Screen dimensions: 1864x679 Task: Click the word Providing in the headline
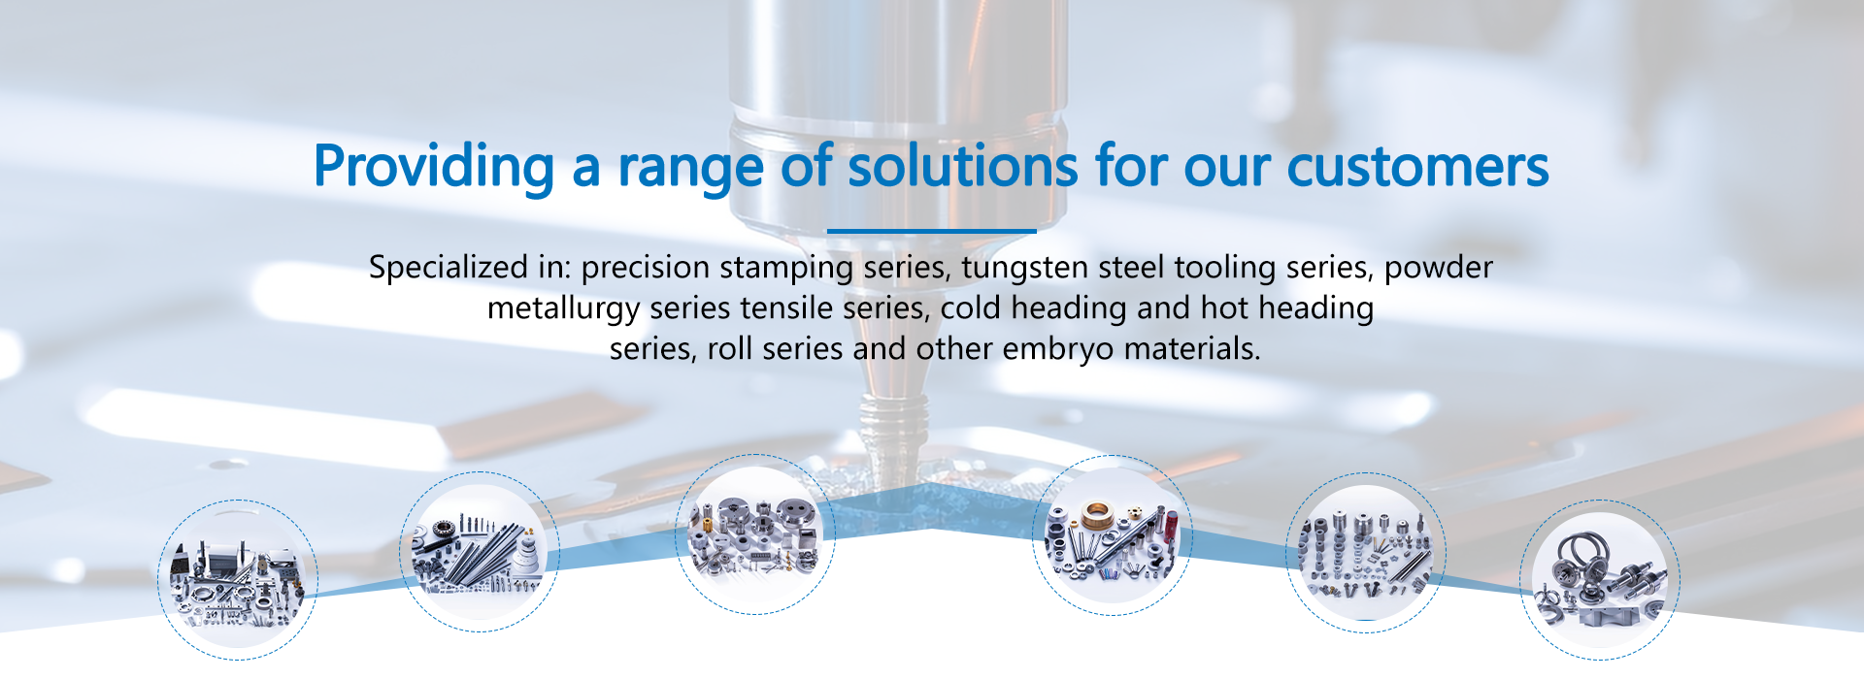(x=434, y=168)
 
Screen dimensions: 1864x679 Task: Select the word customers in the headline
(x=1417, y=167)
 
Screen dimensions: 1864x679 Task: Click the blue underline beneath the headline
(x=932, y=231)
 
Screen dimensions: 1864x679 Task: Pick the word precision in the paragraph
(x=646, y=268)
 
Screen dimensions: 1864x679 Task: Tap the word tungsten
(x=1021, y=268)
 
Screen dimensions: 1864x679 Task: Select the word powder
(x=1439, y=268)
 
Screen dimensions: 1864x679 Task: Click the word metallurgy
(x=563, y=308)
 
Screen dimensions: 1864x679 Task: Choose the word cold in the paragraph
(x=971, y=307)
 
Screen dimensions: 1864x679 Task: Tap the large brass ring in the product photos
(x=1098, y=513)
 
